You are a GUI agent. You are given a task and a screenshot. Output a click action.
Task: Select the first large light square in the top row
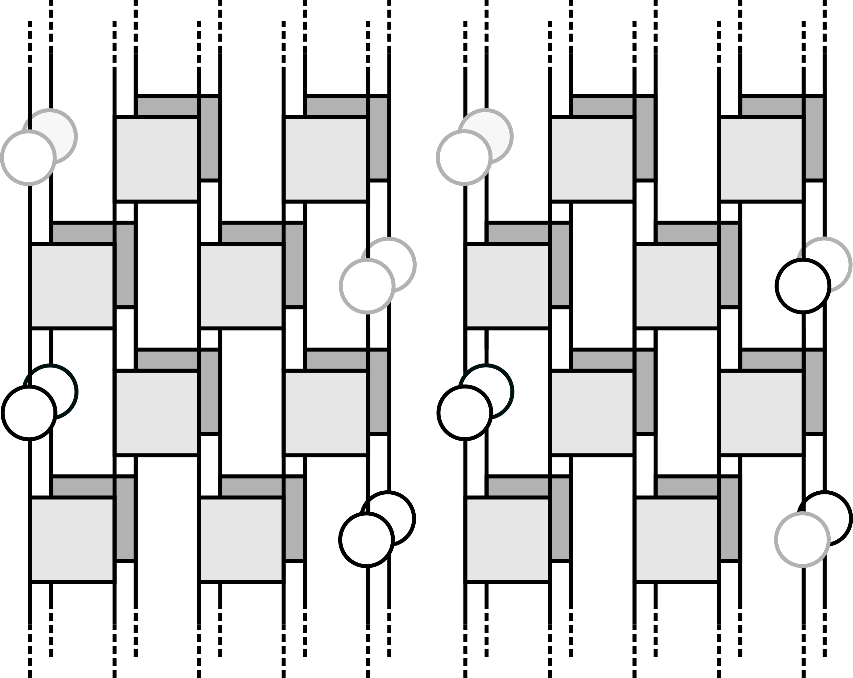[x=157, y=159]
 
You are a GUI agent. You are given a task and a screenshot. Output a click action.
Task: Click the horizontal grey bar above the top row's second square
[x=336, y=107]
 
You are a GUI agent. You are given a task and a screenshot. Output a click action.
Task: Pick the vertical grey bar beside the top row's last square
[x=814, y=138]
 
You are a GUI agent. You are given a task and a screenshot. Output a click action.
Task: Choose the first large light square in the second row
[x=72, y=286]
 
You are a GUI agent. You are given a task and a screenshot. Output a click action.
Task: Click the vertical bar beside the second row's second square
[x=294, y=265]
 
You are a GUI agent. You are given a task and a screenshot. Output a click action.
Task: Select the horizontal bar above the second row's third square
[x=518, y=233]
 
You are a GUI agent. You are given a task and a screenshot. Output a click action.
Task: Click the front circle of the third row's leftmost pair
[x=29, y=413]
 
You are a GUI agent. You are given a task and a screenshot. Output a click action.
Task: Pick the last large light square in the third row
[x=761, y=413]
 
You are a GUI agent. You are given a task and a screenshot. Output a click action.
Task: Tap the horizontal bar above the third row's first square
[x=167, y=360]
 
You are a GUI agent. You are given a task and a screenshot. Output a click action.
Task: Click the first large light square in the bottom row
[x=72, y=540]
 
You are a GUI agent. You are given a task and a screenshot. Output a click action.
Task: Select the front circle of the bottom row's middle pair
[x=366, y=540]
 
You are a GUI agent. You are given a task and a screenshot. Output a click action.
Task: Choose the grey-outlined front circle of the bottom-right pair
[x=802, y=540]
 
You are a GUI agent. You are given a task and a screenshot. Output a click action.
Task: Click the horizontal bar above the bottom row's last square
[x=687, y=487]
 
